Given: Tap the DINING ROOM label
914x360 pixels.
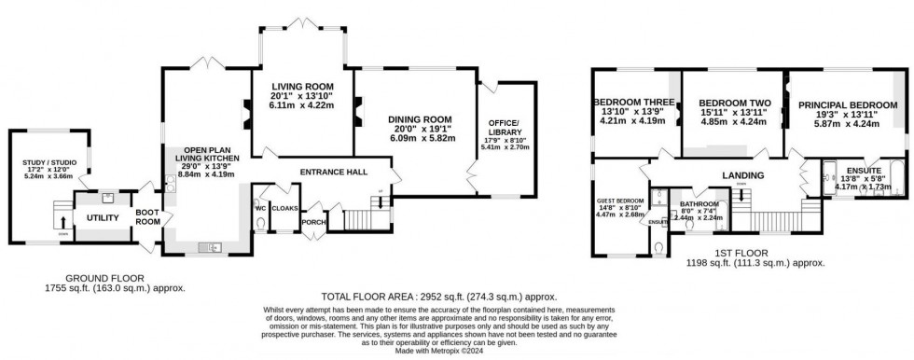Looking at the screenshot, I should coord(420,119).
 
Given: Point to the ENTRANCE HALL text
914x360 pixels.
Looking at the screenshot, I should coord(332,172).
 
